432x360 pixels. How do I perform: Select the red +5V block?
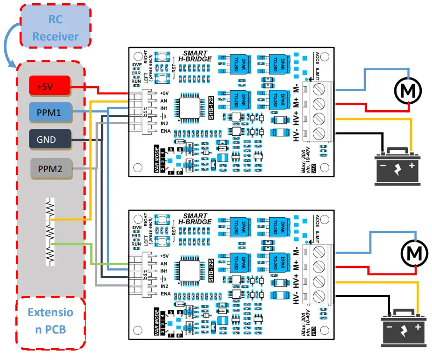(x=50, y=86)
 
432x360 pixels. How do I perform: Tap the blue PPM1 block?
(x=50, y=112)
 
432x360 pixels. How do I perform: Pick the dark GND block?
(x=50, y=139)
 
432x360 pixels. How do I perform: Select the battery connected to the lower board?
(x=404, y=328)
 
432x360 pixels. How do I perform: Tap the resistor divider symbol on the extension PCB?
(x=50, y=232)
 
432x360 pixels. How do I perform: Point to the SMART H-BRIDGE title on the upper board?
(x=196, y=56)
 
